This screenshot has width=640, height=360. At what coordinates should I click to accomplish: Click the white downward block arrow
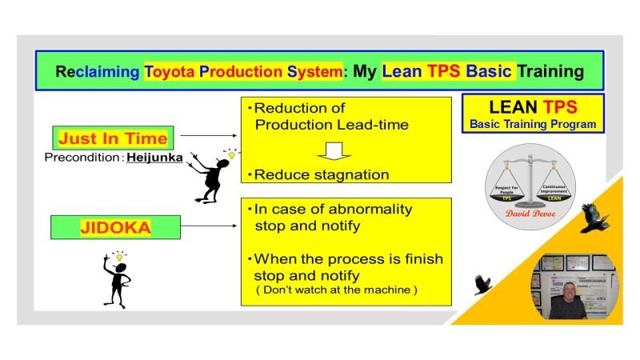(x=340, y=150)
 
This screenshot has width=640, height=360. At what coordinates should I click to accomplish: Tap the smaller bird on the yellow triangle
(x=482, y=285)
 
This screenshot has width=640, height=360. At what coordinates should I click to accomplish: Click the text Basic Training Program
(x=533, y=124)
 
